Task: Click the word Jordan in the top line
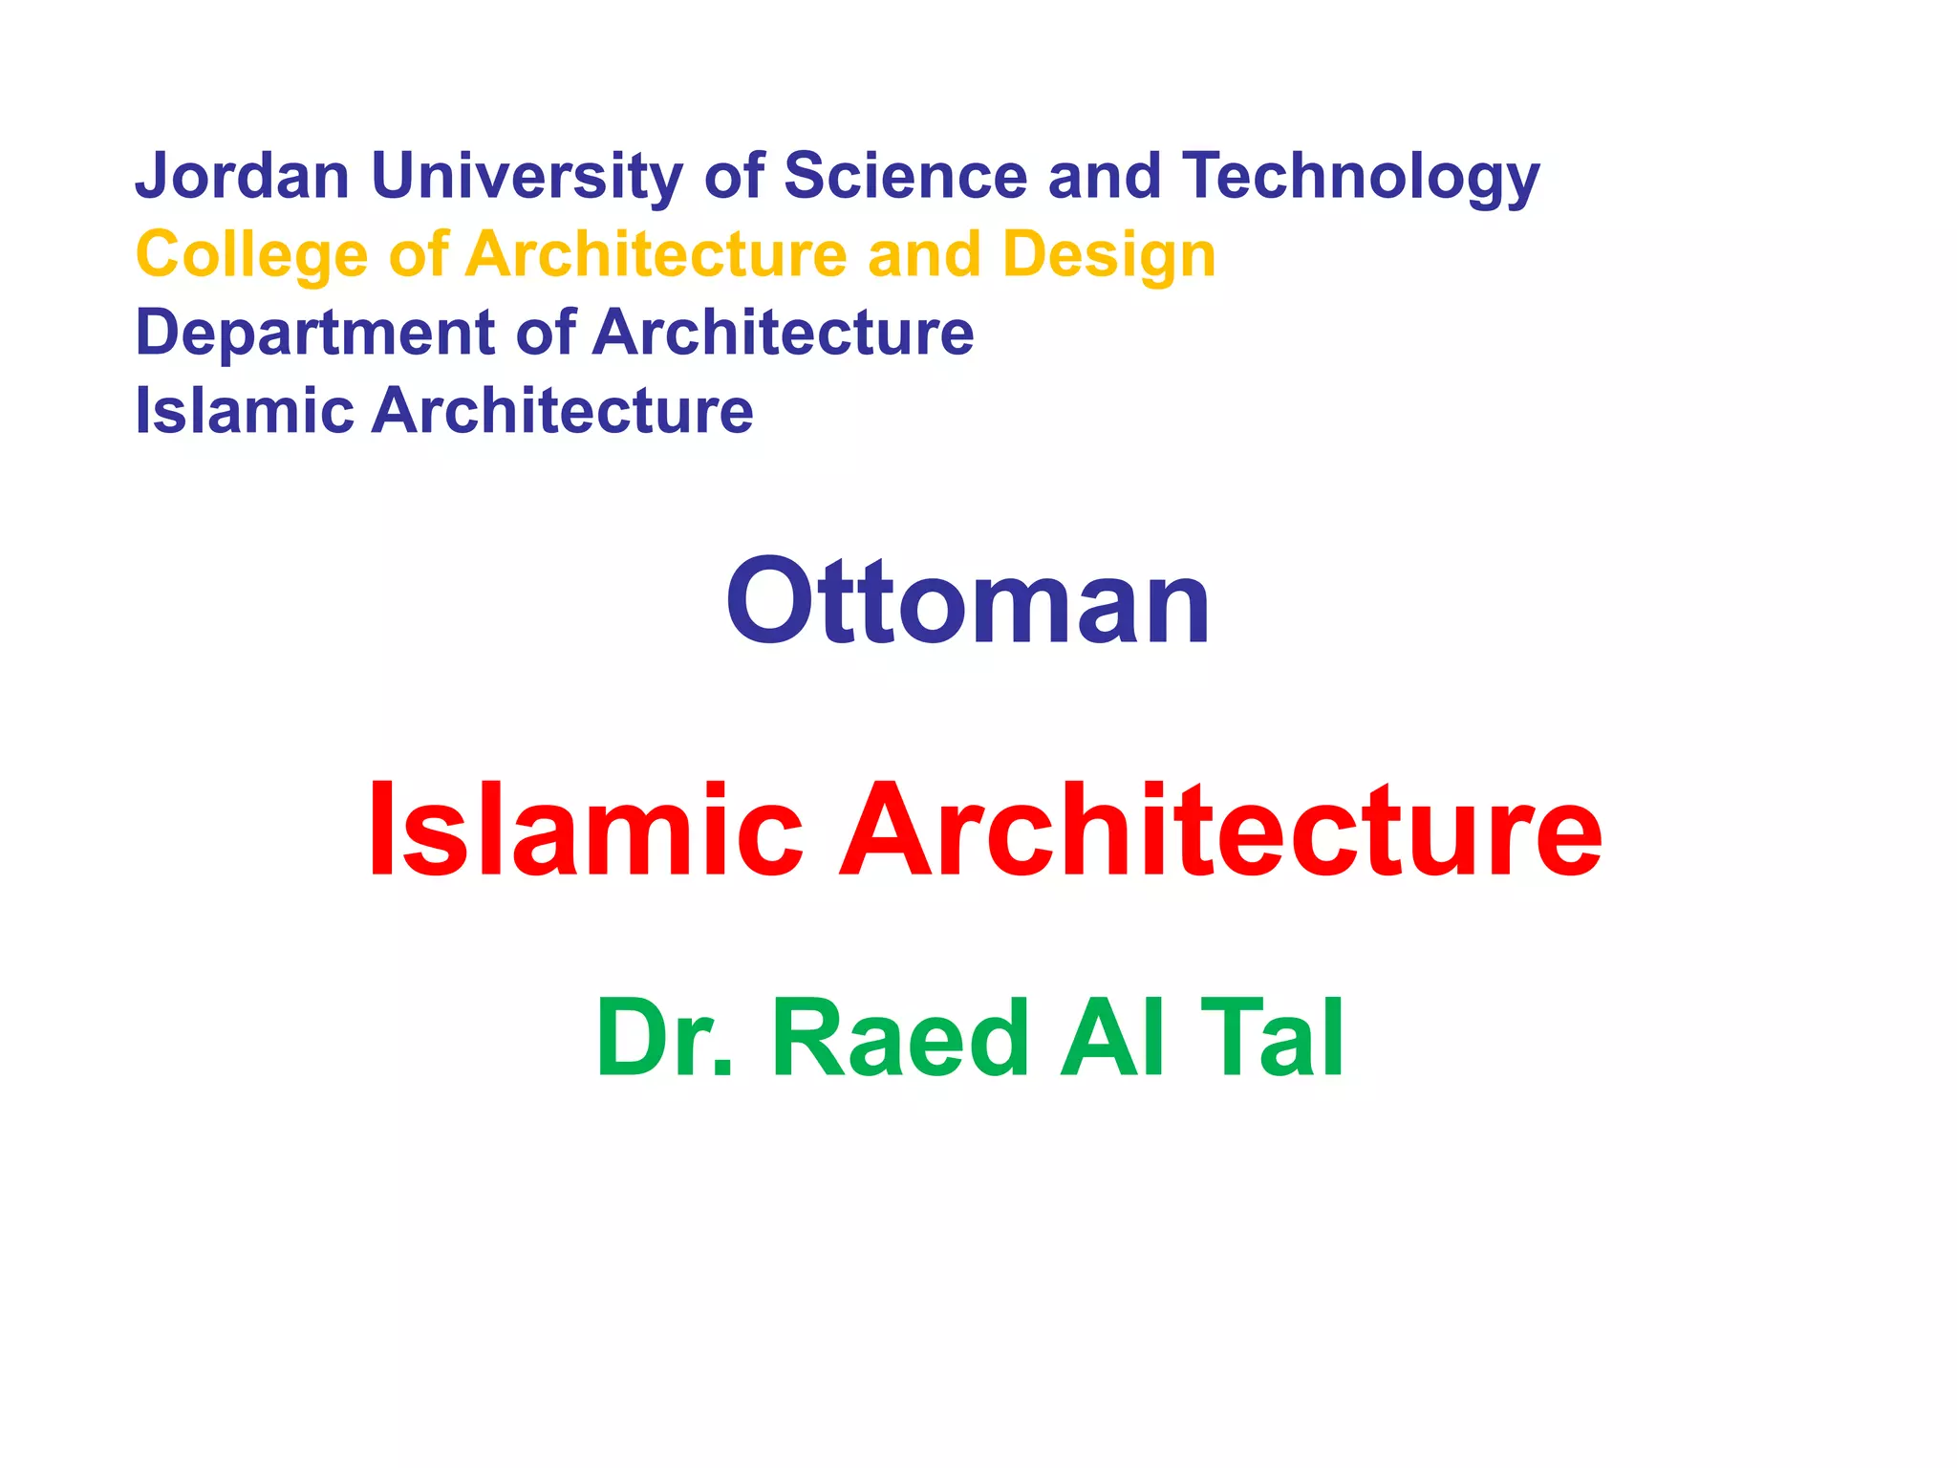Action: point(242,177)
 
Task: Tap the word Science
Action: point(905,177)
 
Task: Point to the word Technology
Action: point(1361,177)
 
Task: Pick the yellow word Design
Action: point(1108,255)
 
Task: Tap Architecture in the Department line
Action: point(783,333)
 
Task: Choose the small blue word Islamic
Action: point(245,411)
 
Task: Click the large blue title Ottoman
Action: point(968,602)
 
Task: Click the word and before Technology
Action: point(1104,177)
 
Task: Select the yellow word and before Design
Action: point(924,255)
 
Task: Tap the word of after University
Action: point(734,177)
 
